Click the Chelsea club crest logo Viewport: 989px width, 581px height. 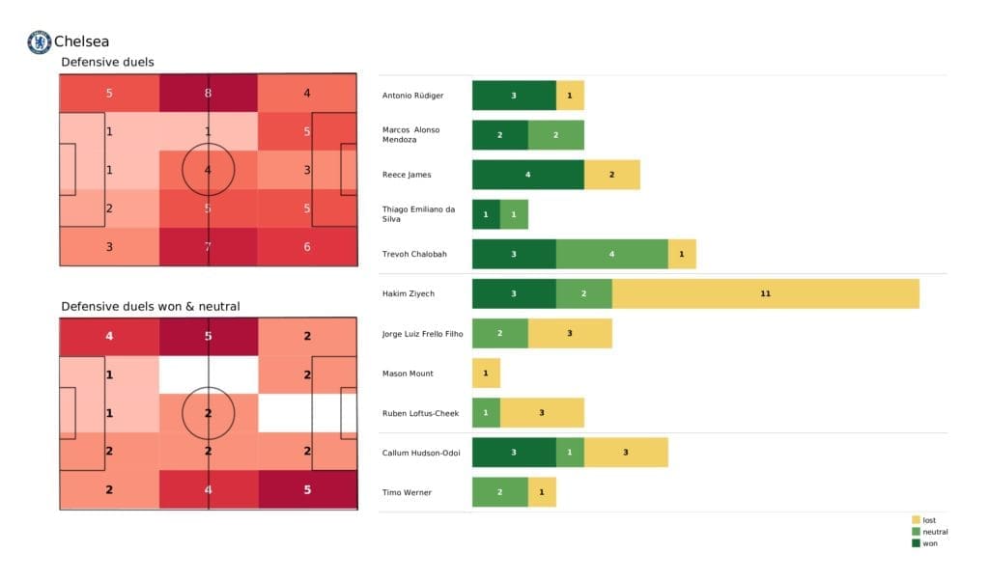coord(39,42)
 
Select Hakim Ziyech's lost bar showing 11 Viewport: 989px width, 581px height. coord(765,293)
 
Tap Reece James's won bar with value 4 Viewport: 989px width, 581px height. coord(527,175)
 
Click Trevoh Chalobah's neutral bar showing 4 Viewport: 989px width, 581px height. coord(611,254)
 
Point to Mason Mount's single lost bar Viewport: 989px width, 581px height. coord(486,373)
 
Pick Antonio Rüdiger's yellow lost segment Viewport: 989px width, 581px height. coord(570,96)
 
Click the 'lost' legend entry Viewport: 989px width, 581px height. coord(928,520)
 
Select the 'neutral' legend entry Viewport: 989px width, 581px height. coord(933,532)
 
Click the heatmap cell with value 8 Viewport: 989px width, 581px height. coord(208,94)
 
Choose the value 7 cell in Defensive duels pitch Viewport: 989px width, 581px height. coord(208,246)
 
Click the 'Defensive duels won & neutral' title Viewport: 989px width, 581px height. coord(150,306)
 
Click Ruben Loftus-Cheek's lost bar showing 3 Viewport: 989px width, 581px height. coord(542,413)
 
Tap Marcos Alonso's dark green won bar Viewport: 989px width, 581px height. coord(499,135)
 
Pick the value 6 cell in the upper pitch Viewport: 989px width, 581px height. coord(306,246)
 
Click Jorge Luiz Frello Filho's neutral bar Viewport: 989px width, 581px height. coord(499,333)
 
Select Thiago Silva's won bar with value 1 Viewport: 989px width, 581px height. coord(486,214)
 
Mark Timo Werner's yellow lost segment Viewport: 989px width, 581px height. coord(542,492)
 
